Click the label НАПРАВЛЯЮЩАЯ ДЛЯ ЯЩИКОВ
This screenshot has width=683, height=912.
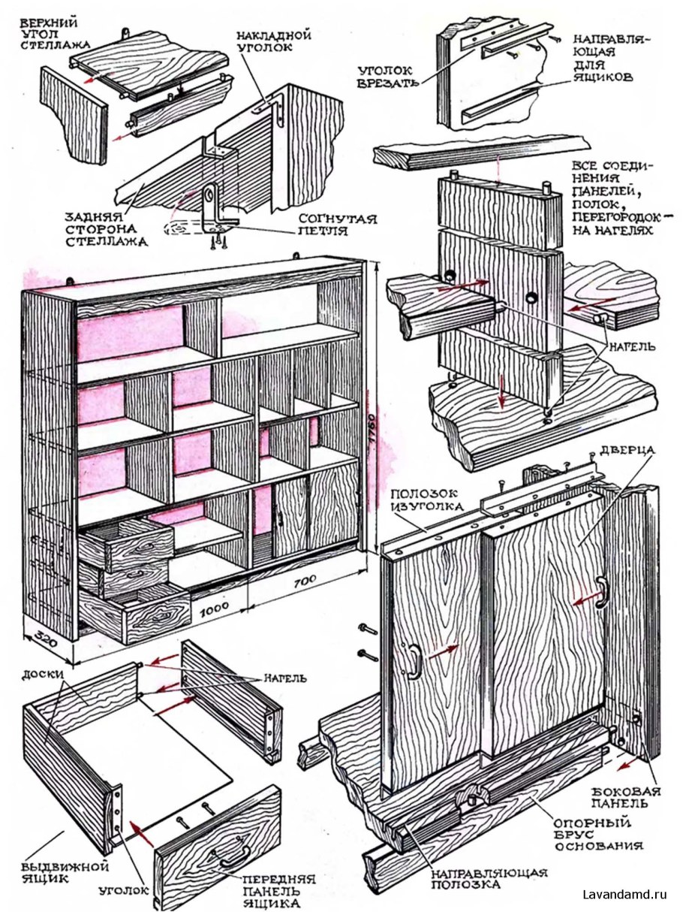605,56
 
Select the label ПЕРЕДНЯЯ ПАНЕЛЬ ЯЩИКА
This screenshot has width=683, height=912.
278,889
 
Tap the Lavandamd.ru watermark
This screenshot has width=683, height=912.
624,894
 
